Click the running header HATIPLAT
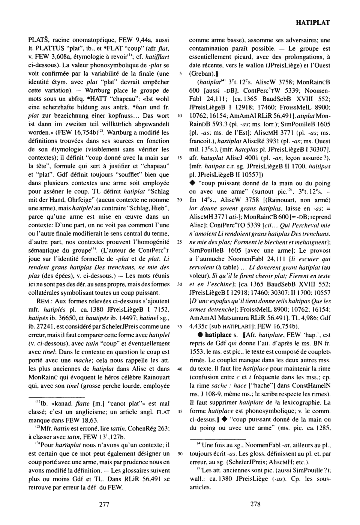[x=312, y=22]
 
